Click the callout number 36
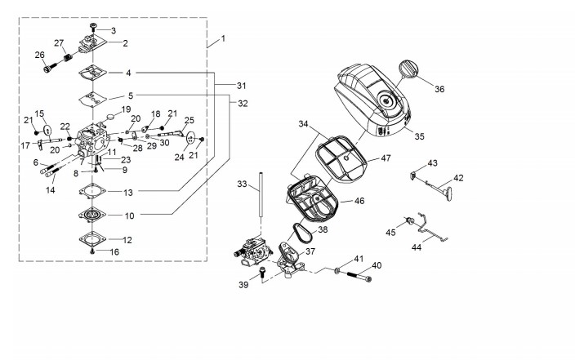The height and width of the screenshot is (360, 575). [439, 89]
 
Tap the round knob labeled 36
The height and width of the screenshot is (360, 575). [408, 69]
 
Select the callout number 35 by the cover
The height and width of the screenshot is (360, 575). [419, 136]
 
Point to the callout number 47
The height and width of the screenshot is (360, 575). [386, 158]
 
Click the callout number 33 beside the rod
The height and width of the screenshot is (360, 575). [242, 184]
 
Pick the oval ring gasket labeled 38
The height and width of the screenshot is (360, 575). [303, 233]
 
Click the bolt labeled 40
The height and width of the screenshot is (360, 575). [359, 275]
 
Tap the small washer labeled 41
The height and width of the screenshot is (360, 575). [337, 270]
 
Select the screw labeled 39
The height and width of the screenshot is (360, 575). [262, 272]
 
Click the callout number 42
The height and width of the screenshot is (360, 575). [458, 178]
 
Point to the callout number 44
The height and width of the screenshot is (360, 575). [417, 247]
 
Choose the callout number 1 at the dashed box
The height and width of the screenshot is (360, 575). [223, 38]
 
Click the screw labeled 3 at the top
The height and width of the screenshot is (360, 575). [93, 26]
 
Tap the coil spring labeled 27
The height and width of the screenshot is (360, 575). [67, 58]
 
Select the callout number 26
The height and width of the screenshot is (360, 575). [39, 55]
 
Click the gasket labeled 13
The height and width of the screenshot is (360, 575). [92, 191]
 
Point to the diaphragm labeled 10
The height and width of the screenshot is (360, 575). [92, 215]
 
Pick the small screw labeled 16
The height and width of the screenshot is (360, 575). [92, 251]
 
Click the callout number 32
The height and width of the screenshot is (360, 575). [243, 104]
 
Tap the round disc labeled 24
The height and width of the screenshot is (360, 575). [191, 137]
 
